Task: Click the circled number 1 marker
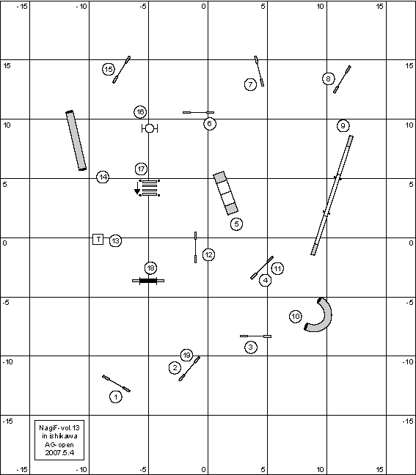(115, 397)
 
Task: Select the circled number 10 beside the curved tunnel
(296, 317)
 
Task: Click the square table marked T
(98, 239)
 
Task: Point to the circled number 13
(115, 241)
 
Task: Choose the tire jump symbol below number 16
(150, 128)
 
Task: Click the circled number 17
(142, 169)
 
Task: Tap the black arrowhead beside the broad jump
(137, 191)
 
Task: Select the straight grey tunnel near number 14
(76, 141)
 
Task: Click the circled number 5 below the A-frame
(236, 224)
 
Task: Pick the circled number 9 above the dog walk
(343, 126)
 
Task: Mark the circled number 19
(187, 355)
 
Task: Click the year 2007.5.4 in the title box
(59, 452)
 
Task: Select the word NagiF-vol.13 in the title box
(59, 428)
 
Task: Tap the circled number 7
(250, 84)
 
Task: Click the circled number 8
(328, 79)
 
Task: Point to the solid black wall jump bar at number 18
(148, 281)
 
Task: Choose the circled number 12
(208, 255)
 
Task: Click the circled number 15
(109, 70)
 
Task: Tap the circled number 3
(250, 347)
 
